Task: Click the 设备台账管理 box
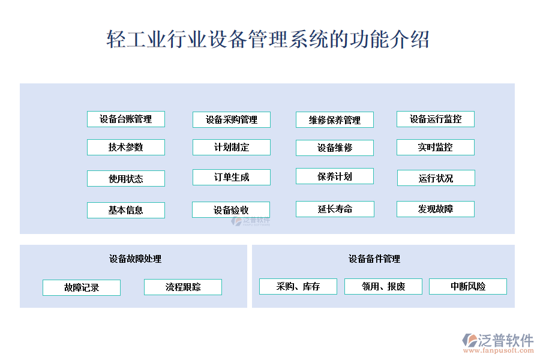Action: point(126,119)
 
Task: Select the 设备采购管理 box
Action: point(232,120)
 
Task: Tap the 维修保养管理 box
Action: point(335,120)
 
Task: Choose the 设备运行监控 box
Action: point(436,119)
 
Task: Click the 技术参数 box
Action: point(126,148)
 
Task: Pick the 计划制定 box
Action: point(232,148)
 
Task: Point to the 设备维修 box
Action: point(335,148)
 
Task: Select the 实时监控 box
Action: point(436,148)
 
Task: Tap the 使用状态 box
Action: point(126,178)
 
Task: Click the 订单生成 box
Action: point(232,178)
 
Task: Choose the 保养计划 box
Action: point(335,176)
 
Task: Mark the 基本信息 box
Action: point(126,210)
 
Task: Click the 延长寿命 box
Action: point(335,209)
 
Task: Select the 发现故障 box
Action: point(436,209)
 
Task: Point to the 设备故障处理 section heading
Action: point(136,259)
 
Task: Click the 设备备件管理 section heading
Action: point(374,259)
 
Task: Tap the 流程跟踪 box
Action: point(183,287)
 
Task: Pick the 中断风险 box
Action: point(468,287)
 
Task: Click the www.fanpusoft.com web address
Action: point(499,351)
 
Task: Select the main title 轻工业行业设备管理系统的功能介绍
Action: point(268,39)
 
